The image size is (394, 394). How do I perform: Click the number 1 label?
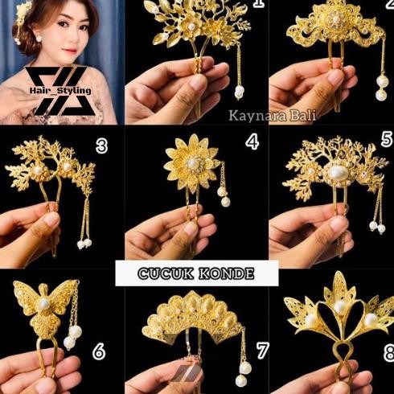[x=257, y=5]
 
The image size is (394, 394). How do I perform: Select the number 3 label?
[x=101, y=146]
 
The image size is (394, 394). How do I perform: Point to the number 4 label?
[x=251, y=142]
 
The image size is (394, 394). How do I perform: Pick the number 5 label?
[x=387, y=139]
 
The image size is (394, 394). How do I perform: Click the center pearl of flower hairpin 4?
[x=194, y=164]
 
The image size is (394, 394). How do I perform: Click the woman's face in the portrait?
[x=47, y=28]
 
